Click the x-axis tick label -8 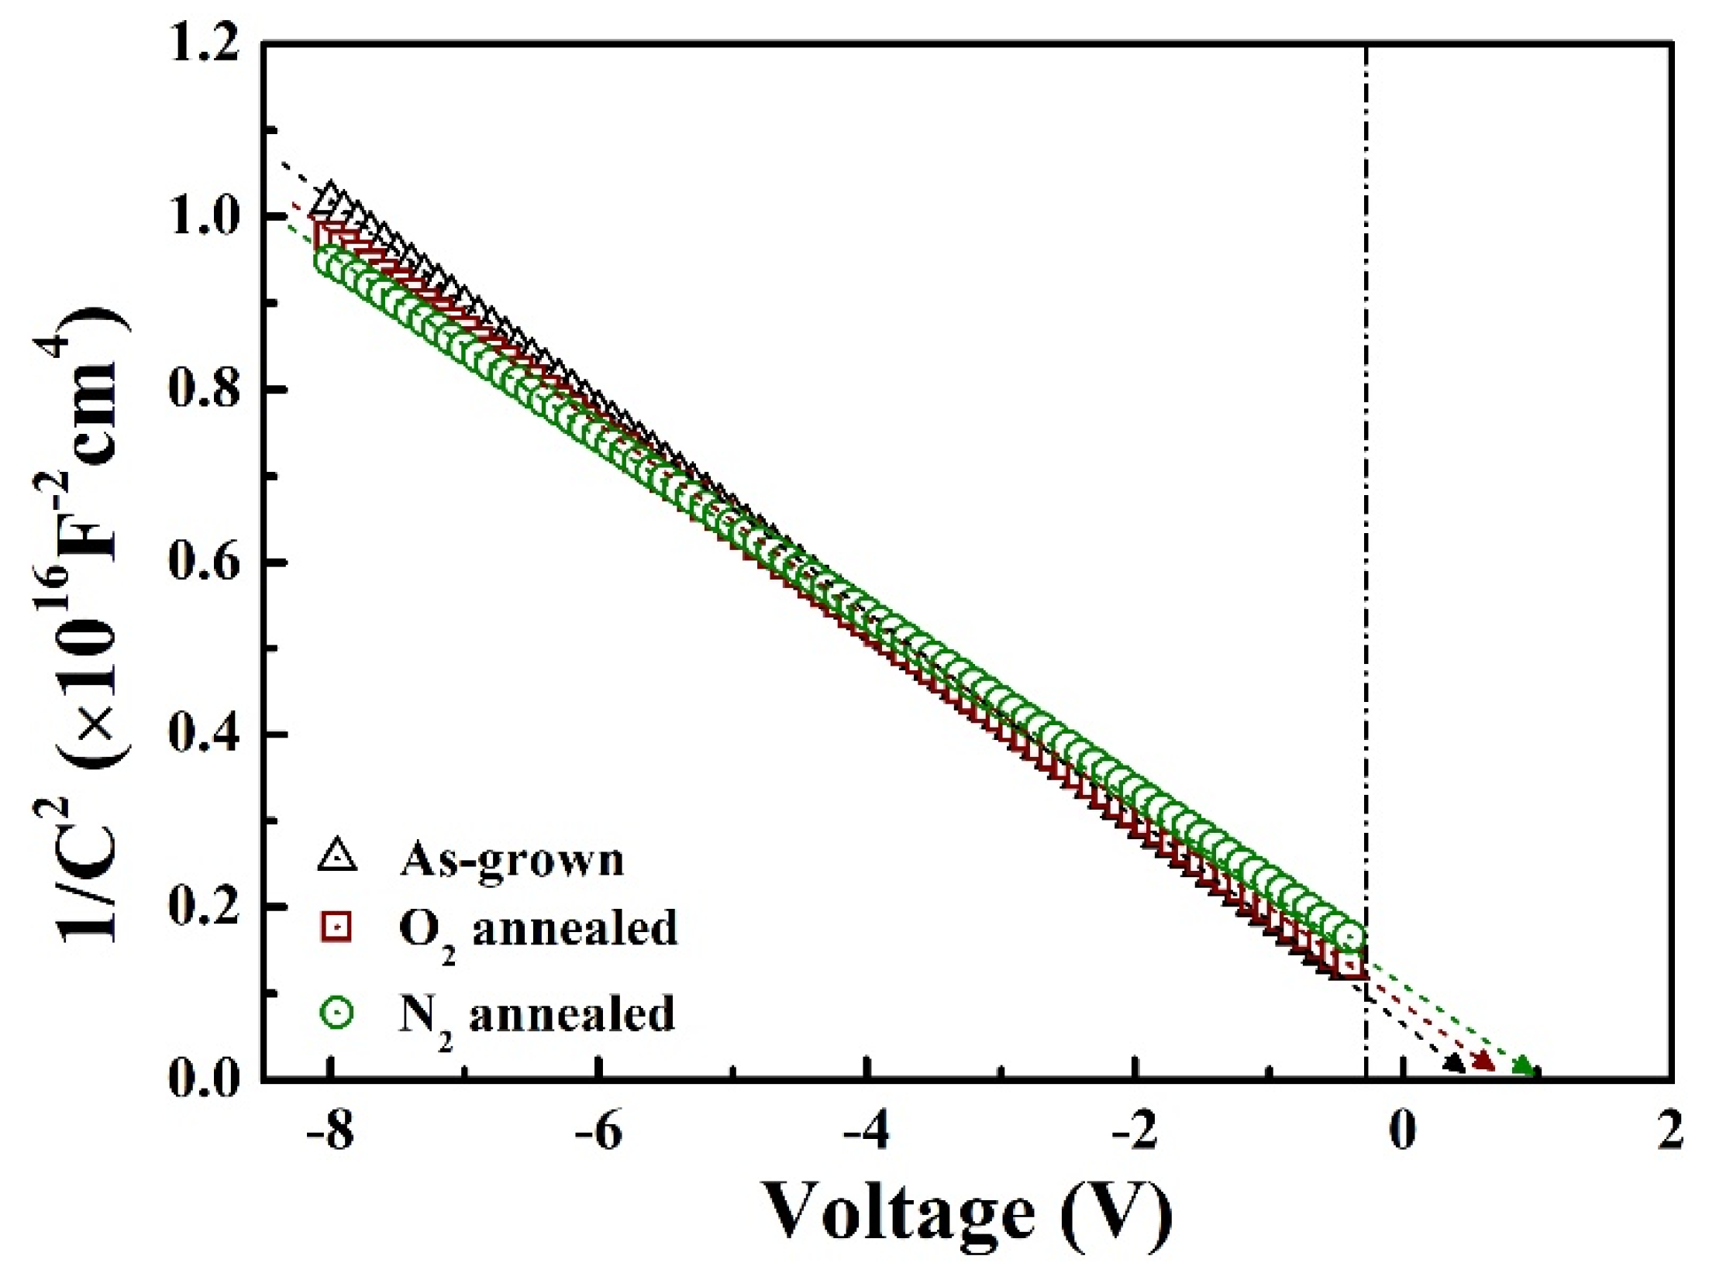click(x=330, y=1133)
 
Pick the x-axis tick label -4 click(x=867, y=1133)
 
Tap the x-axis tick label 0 click(x=1403, y=1133)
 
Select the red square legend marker click(x=337, y=927)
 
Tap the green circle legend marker click(x=337, y=1013)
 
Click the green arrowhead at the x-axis click(x=1524, y=1067)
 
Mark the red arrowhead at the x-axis click(x=1483, y=1062)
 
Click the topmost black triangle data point click(x=332, y=195)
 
